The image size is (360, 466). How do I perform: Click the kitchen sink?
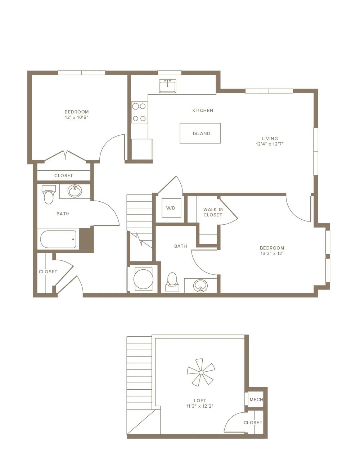tap(167, 86)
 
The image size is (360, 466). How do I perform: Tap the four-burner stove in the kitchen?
tap(139, 112)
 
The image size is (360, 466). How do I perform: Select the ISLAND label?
tap(201, 134)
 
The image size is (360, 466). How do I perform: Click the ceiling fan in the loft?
tap(201, 372)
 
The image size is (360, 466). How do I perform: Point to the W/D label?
tap(171, 208)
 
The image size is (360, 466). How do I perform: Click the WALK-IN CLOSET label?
tap(213, 212)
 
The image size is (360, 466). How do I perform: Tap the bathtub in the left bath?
tap(58, 239)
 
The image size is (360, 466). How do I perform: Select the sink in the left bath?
tap(75, 191)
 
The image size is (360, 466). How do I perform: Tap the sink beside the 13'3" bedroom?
tap(200, 286)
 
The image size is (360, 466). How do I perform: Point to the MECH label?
tap(256, 400)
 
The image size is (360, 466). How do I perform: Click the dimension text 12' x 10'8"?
tap(77, 117)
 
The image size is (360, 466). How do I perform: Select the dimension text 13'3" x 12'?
tap(272, 254)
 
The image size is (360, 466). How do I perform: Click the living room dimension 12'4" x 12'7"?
tap(270, 144)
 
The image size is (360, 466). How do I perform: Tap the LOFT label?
tap(200, 400)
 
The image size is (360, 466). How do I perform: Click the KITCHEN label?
tap(203, 111)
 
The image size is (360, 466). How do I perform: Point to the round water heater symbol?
tap(143, 279)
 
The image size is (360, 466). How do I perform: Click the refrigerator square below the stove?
tap(141, 149)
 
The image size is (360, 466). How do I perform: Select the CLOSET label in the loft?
tap(253, 423)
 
